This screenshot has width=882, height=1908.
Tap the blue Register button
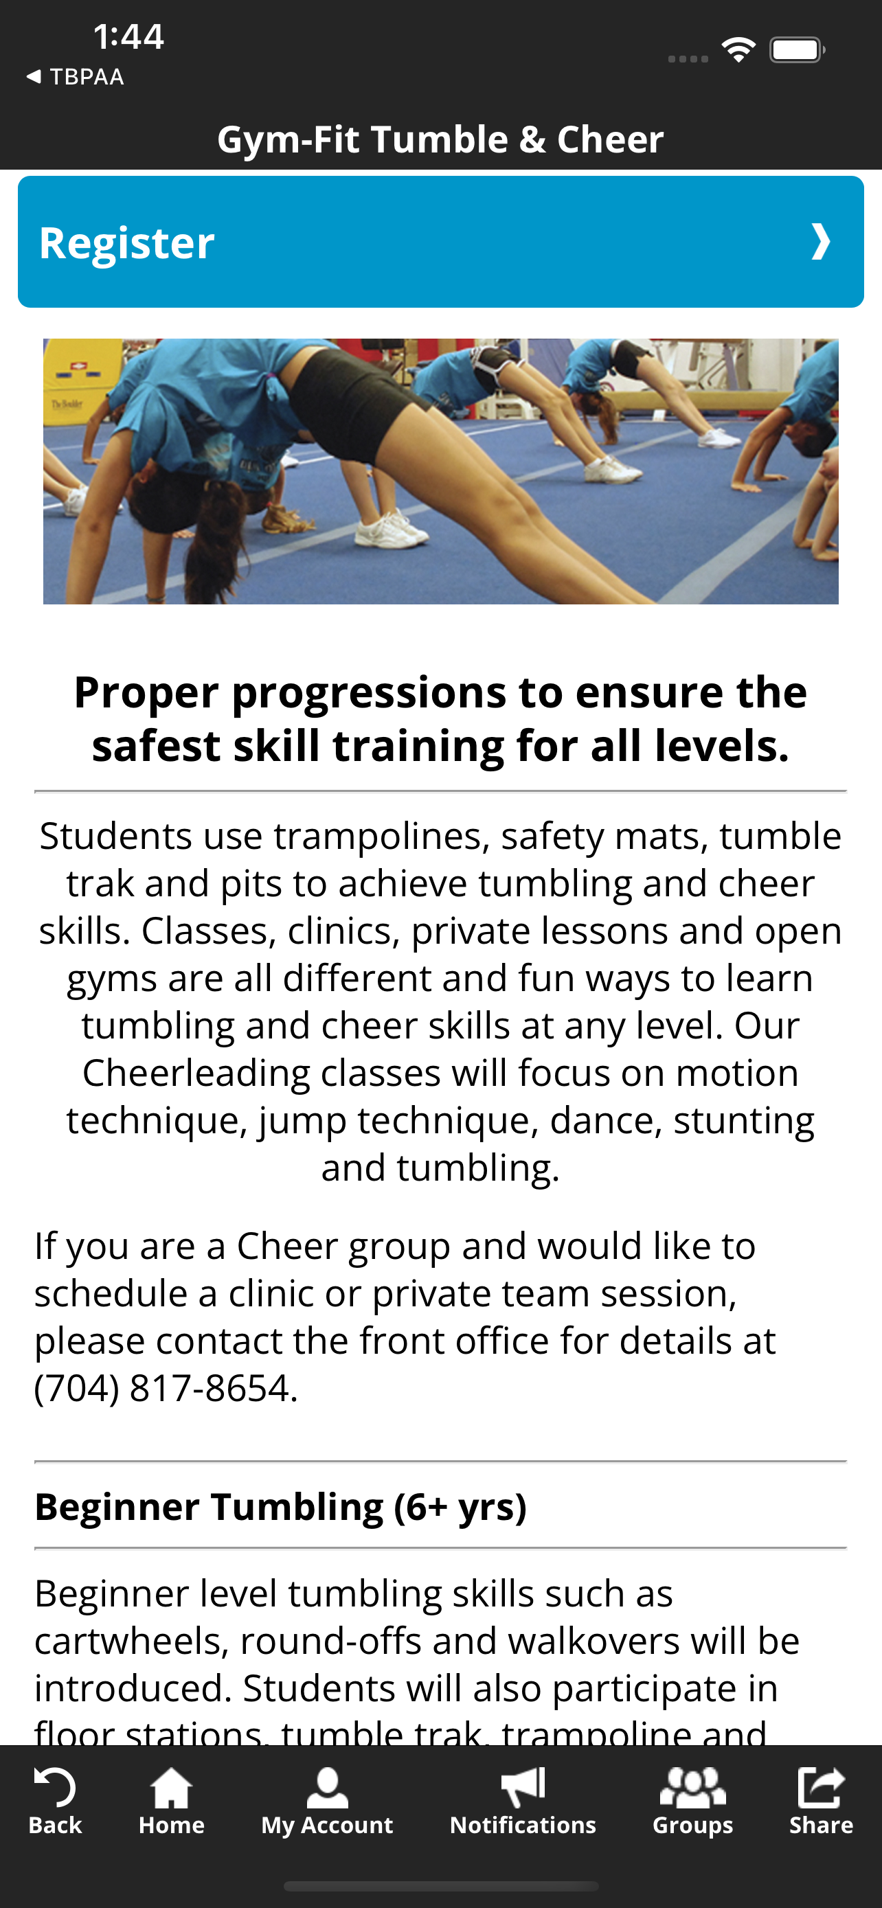click(x=440, y=242)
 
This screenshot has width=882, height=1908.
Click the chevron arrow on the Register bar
click(x=821, y=242)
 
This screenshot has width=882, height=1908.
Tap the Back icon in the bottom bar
click(x=55, y=1788)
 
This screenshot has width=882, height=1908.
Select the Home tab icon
click(x=171, y=1788)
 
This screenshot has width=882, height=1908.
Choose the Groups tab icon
click(x=692, y=1788)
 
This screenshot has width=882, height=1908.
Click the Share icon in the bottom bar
click(x=821, y=1788)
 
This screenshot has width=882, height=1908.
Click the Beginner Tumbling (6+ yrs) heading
click(x=281, y=1506)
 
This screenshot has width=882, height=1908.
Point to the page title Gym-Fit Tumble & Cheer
click(x=440, y=139)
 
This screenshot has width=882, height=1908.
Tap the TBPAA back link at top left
click(x=75, y=76)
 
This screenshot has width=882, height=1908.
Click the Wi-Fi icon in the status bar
click(x=738, y=49)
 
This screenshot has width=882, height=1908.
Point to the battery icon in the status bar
click(x=797, y=49)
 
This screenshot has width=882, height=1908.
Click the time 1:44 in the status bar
click(x=128, y=36)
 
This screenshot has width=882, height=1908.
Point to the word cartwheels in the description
click(x=133, y=1642)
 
